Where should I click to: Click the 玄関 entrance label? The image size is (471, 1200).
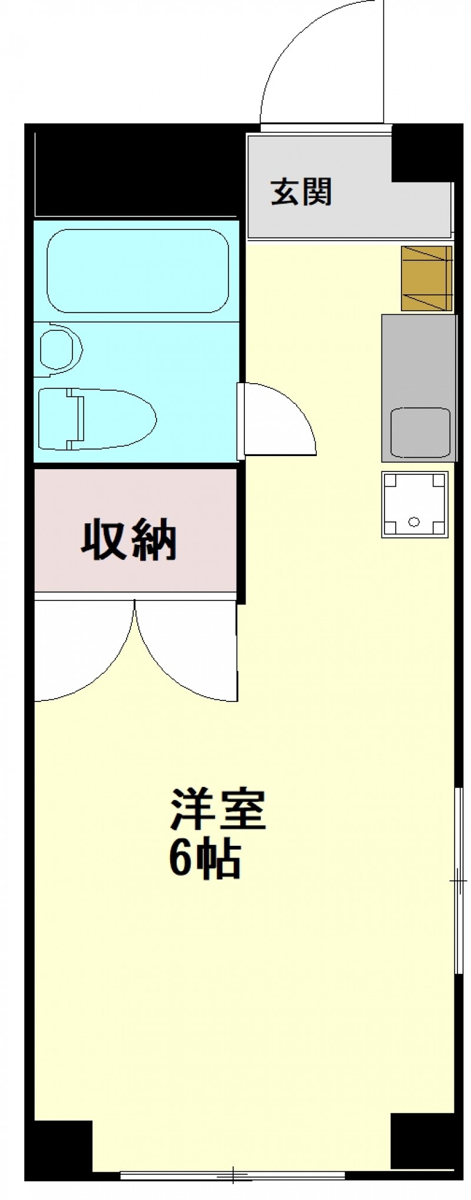pyautogui.click(x=301, y=191)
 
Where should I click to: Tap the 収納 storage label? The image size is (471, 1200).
pyautogui.click(x=129, y=538)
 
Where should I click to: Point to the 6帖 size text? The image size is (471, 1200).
pyautogui.click(x=205, y=860)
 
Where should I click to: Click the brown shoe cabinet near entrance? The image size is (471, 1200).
pyautogui.click(x=427, y=278)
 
